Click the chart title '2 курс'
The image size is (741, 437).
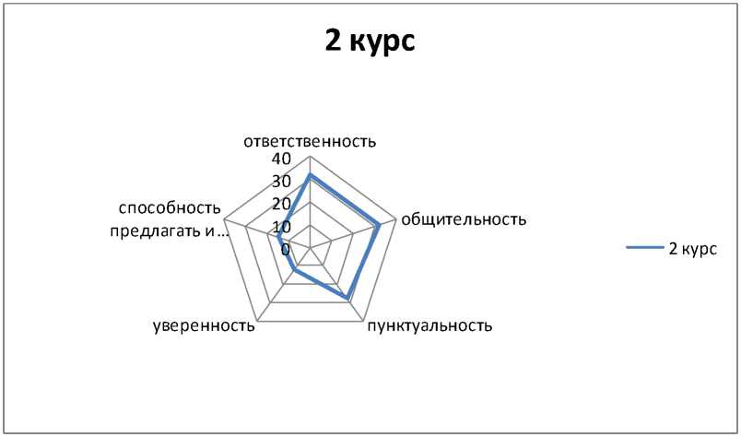tap(370, 41)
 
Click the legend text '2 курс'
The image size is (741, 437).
tap(692, 248)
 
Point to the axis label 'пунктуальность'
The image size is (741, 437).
tap(429, 325)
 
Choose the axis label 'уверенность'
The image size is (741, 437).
tap(203, 325)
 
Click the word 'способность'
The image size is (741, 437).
tap(170, 207)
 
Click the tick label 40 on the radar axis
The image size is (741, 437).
tap(280, 159)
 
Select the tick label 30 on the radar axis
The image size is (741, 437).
tap(280, 182)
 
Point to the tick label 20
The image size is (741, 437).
tap(280, 204)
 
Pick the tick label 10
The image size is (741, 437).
tap(280, 227)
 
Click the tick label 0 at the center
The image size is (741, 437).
tap(286, 249)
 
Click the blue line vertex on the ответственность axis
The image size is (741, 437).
tap(310, 174)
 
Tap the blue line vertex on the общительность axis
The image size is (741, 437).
tap(379, 225)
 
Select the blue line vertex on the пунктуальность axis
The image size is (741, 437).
tap(347, 299)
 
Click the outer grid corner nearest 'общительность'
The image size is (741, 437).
tap(396, 220)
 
